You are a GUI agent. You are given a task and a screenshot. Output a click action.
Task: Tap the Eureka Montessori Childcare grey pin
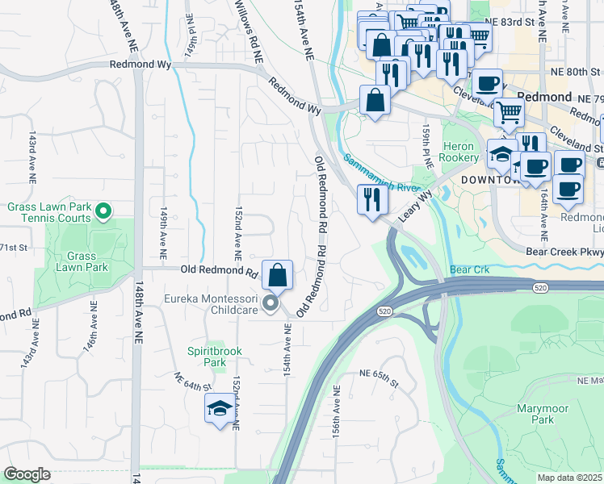click(271, 303)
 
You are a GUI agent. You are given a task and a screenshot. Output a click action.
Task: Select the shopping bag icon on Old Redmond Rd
click(277, 275)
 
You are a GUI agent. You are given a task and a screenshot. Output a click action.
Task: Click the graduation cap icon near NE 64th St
click(219, 409)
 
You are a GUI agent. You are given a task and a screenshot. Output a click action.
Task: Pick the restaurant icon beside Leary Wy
click(371, 198)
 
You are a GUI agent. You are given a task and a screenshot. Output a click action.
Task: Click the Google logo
click(27, 474)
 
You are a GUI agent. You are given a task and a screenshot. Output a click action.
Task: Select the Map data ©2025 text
click(570, 478)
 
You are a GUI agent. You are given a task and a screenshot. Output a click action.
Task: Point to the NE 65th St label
click(374, 377)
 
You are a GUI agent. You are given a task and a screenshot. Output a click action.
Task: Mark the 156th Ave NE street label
click(336, 411)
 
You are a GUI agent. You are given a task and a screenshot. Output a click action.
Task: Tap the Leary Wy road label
click(414, 204)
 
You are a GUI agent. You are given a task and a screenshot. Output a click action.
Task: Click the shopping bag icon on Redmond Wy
click(375, 101)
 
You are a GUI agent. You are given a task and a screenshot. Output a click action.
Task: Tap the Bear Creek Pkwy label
click(564, 251)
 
